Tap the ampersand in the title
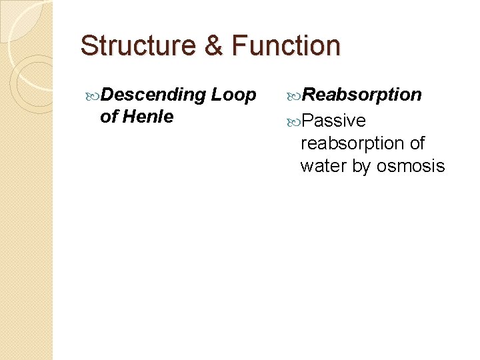(215, 45)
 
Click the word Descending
(153, 95)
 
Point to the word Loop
(233, 95)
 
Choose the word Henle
(148, 117)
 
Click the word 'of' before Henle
(109, 117)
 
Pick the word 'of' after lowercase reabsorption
(417, 143)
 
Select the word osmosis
(411, 166)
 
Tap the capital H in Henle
(129, 117)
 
